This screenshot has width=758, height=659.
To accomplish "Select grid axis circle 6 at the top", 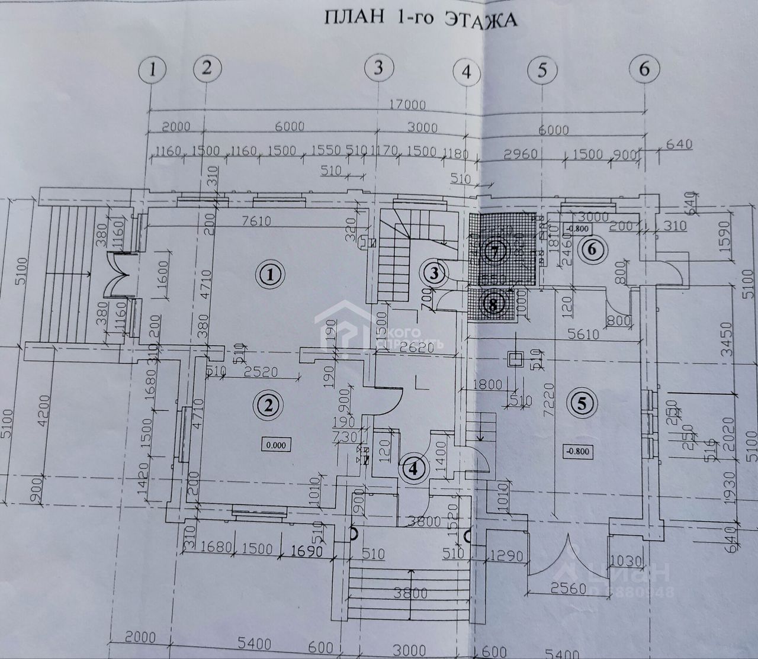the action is tap(644, 69).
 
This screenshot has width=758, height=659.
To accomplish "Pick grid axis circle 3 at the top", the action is tap(379, 69).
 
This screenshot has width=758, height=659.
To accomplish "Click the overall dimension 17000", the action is tap(408, 105).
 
